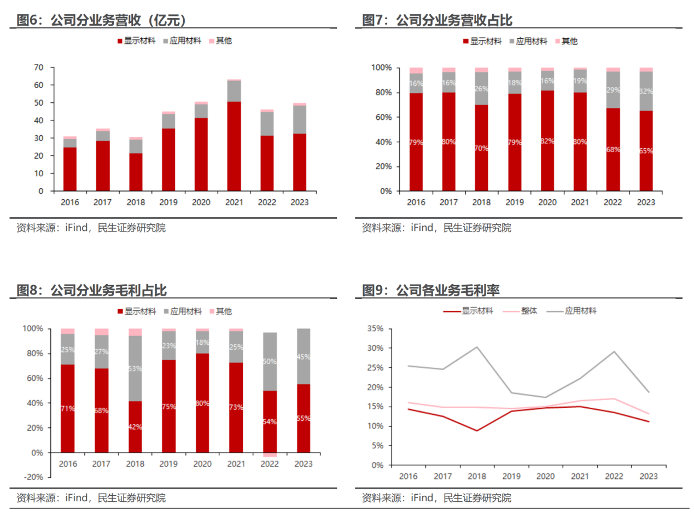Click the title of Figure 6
click(x=102, y=20)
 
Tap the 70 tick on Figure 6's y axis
click(x=38, y=67)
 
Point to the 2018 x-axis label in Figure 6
click(x=136, y=202)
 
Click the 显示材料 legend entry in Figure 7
click(x=482, y=41)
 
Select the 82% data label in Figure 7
click(x=547, y=141)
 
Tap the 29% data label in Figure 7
click(x=613, y=90)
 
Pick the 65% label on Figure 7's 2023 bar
click(x=646, y=151)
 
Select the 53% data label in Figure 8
click(x=135, y=368)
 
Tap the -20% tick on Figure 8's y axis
click(x=34, y=477)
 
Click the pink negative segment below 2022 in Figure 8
click(x=270, y=455)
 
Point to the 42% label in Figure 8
click(x=135, y=427)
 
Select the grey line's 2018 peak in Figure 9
click(x=477, y=347)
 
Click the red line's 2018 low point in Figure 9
click(x=477, y=431)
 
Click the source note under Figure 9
click(x=436, y=498)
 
